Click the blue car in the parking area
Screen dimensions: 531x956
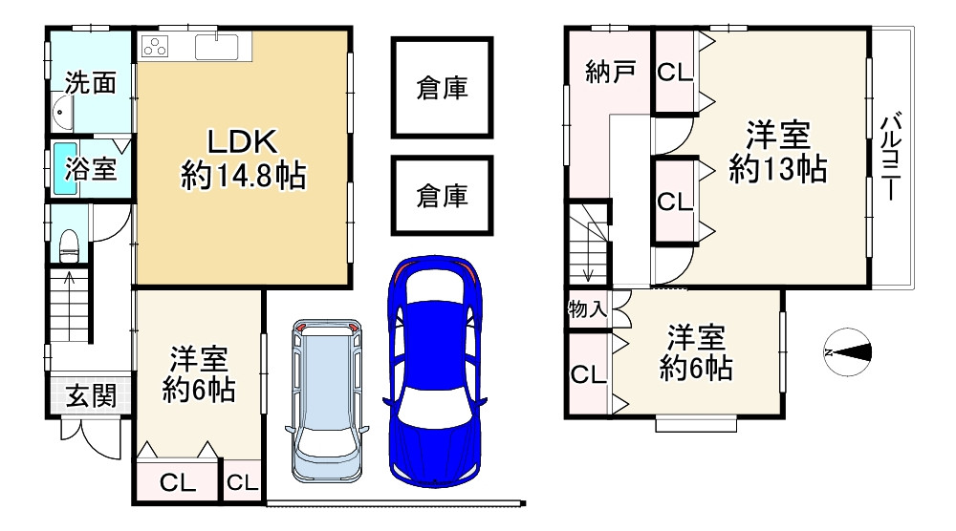point(434,372)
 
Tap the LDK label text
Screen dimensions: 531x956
point(243,142)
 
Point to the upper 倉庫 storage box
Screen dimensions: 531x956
point(442,89)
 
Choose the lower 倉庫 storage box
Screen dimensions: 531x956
point(442,196)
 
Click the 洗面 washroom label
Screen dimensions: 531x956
point(91,83)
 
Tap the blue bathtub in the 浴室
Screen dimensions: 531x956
point(64,169)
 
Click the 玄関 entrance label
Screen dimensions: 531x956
point(91,394)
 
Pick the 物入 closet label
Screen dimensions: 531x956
point(587,309)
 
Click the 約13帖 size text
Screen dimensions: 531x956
point(777,169)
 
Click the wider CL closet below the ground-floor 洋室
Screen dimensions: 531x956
point(179,483)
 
